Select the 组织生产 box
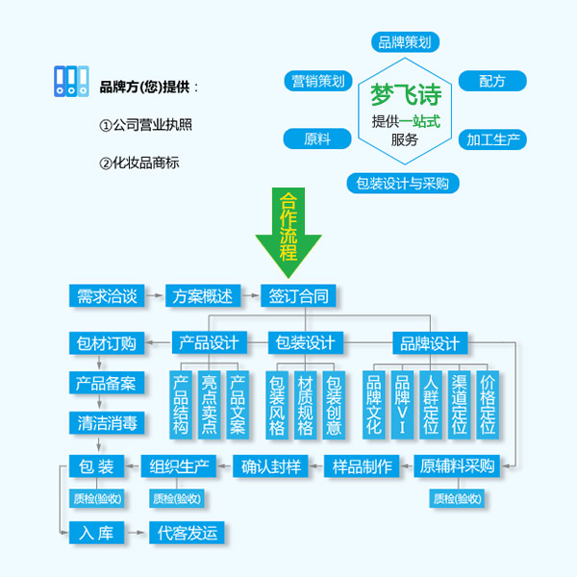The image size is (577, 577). (179, 467)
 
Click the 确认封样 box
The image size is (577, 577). (272, 467)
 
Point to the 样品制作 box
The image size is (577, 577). (363, 467)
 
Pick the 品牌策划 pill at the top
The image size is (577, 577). (405, 41)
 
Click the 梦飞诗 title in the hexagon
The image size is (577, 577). (405, 96)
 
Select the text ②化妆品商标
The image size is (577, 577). (140, 163)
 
